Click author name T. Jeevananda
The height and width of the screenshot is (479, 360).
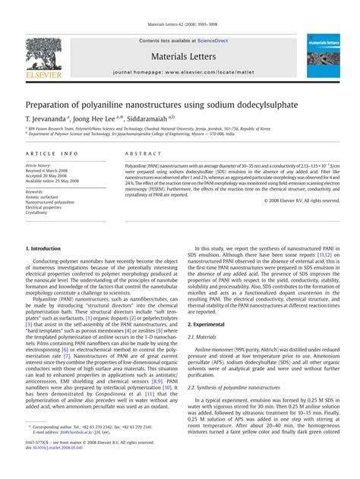click(46, 118)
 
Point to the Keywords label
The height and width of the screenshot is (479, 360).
click(34, 192)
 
